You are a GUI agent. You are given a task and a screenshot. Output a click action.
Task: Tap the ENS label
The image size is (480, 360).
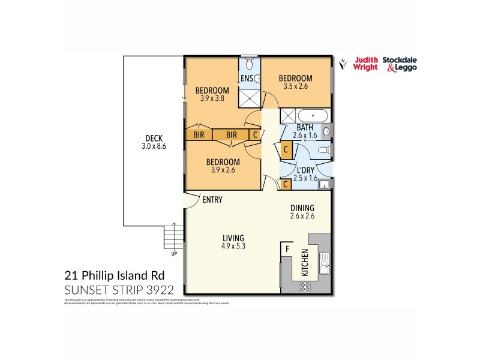tap(247, 79)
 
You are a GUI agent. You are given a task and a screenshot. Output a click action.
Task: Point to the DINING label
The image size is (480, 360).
tap(302, 208)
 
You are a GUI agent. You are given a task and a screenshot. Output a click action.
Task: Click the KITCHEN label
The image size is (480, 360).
tap(305, 262)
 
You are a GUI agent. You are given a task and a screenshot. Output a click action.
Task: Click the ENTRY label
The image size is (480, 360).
tap(212, 199)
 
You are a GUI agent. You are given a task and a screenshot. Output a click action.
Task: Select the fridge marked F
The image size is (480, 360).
tap(287, 248)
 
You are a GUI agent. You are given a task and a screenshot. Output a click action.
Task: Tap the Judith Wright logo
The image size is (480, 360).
tap(365, 64)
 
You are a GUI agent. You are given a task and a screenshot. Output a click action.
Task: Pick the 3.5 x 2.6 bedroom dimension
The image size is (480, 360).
tap(295, 86)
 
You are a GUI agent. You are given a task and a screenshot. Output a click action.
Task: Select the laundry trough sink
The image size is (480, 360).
tap(324, 185)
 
